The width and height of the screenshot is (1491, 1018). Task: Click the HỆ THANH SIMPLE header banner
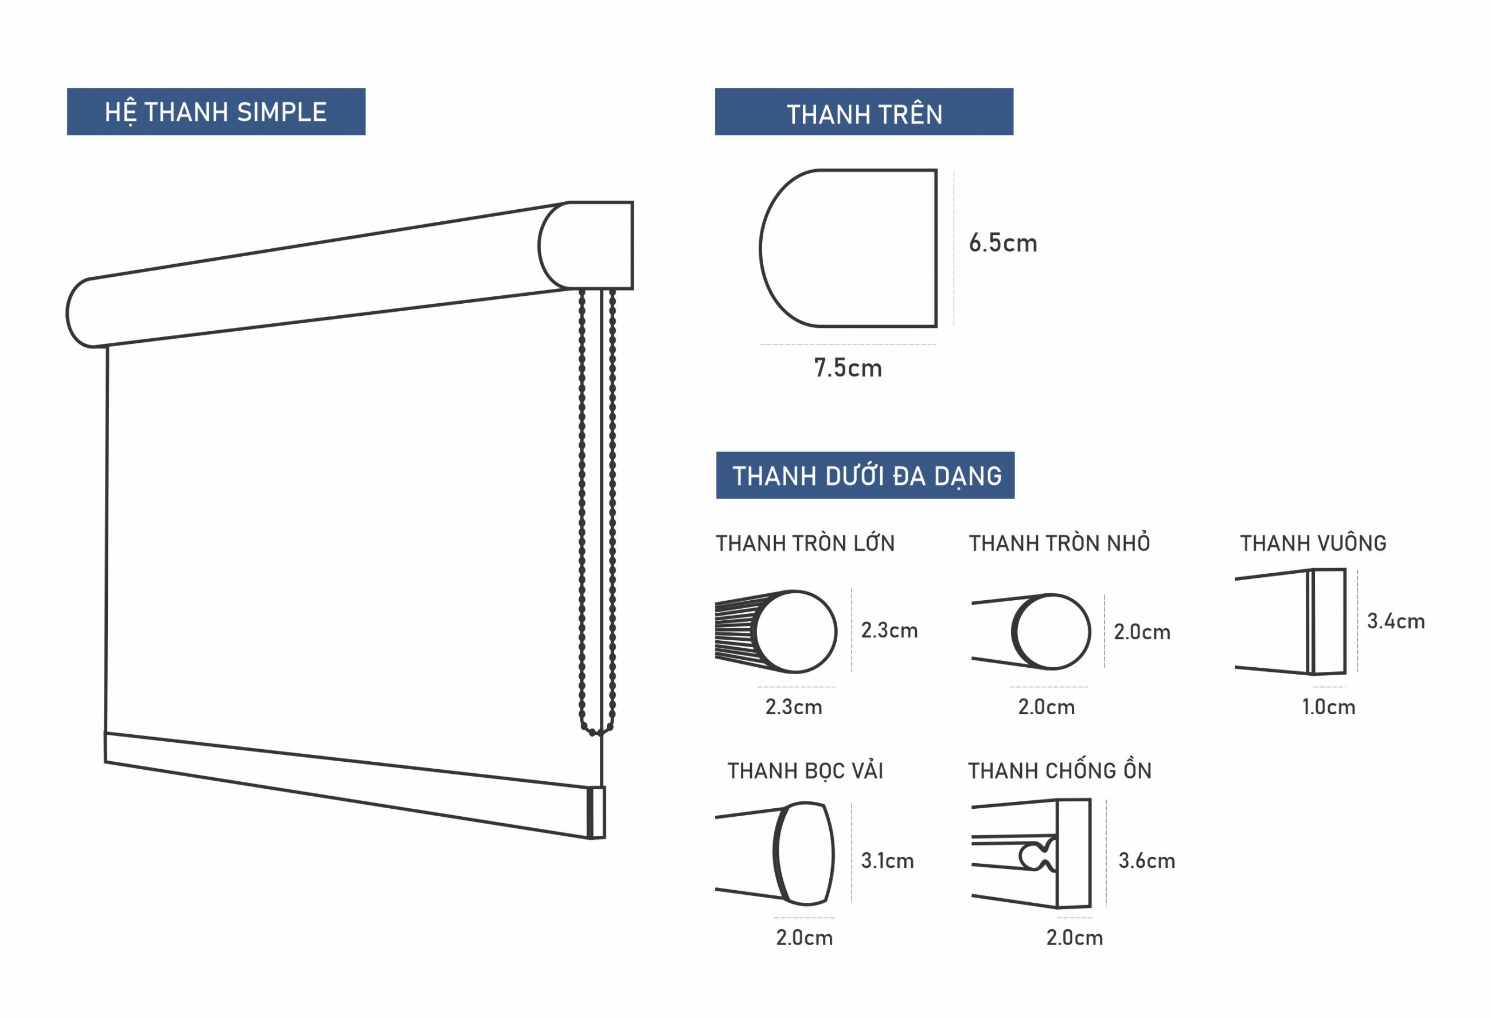[x=216, y=112]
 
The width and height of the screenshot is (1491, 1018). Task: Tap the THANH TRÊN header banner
[x=864, y=112]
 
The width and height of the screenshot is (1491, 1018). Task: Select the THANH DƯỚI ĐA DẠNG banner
[x=865, y=475]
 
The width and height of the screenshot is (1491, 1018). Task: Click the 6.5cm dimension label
[x=1003, y=243]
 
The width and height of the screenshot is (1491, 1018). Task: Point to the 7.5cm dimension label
[x=848, y=368]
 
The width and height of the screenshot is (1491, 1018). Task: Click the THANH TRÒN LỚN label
[x=805, y=543]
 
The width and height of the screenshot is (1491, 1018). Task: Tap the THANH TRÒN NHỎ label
[x=1059, y=543]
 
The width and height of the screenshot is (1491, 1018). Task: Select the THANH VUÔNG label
[x=1313, y=543]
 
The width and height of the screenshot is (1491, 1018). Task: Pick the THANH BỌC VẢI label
[x=805, y=770]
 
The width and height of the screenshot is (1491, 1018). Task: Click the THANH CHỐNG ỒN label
[x=1060, y=770]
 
